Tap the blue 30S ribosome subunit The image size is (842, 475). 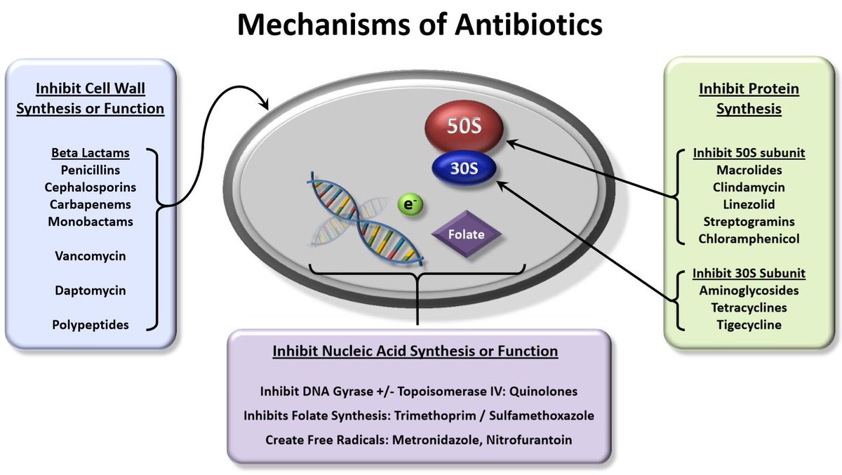tap(463, 169)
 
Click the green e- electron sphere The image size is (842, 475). tap(407, 204)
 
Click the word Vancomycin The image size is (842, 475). tap(91, 256)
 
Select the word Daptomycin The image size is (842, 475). tap(91, 290)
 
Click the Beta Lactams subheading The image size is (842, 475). tap(91, 152)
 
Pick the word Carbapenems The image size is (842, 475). tap(91, 205)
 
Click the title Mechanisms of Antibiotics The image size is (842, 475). tap(420, 26)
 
